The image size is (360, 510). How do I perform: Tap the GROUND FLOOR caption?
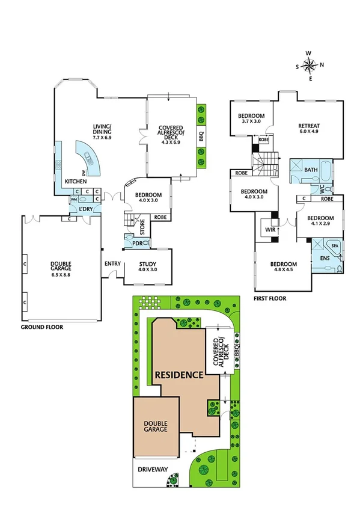click(x=42, y=328)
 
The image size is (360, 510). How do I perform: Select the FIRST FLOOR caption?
click(x=270, y=298)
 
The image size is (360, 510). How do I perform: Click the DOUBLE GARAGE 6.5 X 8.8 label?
click(x=60, y=265)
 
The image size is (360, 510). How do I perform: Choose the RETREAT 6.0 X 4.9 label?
click(x=308, y=129)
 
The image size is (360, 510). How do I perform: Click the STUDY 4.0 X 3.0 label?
click(x=147, y=266)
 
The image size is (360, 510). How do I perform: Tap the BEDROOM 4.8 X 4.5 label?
click(x=283, y=268)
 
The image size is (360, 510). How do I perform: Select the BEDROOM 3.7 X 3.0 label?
click(x=251, y=118)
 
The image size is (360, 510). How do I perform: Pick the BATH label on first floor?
click(x=311, y=170)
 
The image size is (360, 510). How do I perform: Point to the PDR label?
click(x=137, y=243)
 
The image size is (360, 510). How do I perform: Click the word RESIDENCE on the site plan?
click(x=179, y=375)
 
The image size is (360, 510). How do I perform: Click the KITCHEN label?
click(x=76, y=181)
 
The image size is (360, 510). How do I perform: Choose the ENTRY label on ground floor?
click(x=112, y=263)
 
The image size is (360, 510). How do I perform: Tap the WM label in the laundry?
click(x=73, y=199)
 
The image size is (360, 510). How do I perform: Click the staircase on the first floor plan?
click(x=265, y=163)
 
